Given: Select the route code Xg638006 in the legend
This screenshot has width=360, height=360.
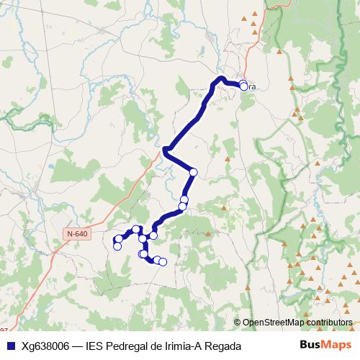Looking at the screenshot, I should pyautogui.click(x=45, y=346).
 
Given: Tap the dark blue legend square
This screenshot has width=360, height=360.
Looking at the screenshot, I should pyautogui.click(x=9, y=346).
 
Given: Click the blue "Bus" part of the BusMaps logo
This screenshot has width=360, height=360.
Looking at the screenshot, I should pyautogui.click(x=312, y=345).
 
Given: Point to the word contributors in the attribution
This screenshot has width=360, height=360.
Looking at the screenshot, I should pyautogui.click(x=328, y=323).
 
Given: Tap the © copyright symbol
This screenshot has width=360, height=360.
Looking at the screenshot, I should pyautogui.click(x=237, y=323).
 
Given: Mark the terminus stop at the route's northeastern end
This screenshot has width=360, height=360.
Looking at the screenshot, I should pyautogui.click(x=243, y=86).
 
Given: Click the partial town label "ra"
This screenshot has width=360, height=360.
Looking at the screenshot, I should pyautogui.click(x=252, y=87).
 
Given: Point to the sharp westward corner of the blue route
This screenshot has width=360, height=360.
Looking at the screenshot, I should pyautogui.click(x=166, y=150).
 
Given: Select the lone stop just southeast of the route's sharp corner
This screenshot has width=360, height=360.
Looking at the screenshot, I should pyautogui.click(x=193, y=171).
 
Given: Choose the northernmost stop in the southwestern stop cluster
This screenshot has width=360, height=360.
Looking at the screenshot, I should pyautogui.click(x=136, y=229).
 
